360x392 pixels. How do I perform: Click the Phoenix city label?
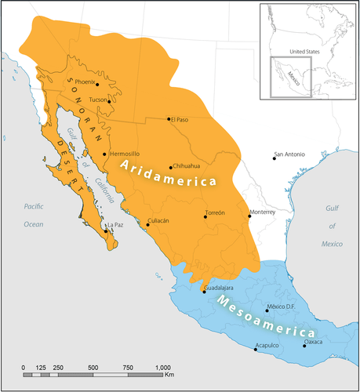tap(85, 82)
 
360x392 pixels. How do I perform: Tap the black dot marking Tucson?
tap(109, 100)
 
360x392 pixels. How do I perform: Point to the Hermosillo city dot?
tap(104, 154)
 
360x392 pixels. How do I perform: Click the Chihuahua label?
tap(187, 167)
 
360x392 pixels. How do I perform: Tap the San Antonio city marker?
tap(274, 158)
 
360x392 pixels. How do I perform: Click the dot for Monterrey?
tap(250, 217)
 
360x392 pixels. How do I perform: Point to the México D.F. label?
tap(280, 307)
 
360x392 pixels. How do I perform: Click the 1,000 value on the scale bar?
tap(162, 367)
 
